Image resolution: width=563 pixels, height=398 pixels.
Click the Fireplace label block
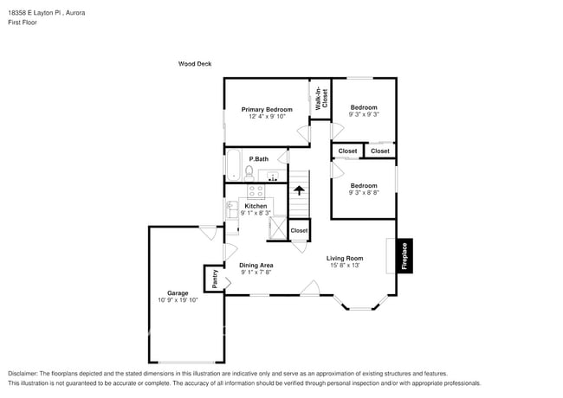(404, 255)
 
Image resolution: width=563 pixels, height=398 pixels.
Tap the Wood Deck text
(195, 64)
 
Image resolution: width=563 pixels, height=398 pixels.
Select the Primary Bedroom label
(267, 110)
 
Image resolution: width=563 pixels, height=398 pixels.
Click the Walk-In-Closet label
(320, 98)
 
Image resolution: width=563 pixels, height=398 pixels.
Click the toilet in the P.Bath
(249, 172)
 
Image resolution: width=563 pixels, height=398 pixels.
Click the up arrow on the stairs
(299, 189)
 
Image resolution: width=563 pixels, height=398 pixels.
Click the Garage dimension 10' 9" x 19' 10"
(178, 300)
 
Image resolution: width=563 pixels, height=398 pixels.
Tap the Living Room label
(344, 258)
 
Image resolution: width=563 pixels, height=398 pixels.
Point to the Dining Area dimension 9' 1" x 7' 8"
(256, 273)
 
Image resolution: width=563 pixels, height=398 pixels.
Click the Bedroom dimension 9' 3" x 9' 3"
(363, 114)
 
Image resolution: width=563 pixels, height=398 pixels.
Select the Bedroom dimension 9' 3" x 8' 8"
(363, 193)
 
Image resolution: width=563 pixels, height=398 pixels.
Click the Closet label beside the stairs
(299, 231)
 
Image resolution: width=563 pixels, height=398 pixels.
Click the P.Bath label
(258, 159)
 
